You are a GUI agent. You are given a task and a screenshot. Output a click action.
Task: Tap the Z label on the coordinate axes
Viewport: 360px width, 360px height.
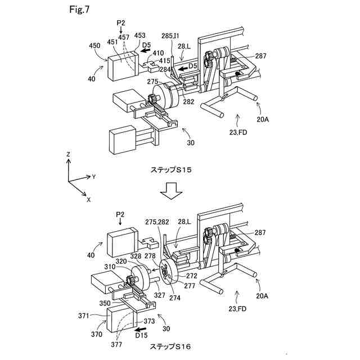tap(68, 154)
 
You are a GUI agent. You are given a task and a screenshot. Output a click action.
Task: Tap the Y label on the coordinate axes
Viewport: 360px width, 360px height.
tap(94, 177)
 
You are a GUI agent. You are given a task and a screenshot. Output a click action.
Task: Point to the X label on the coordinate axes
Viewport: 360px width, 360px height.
tap(89, 199)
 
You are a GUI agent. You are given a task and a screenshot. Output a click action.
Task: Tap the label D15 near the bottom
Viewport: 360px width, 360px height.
tap(142, 335)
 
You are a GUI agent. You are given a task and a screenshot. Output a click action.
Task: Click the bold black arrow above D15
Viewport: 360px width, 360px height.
tap(143, 327)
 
